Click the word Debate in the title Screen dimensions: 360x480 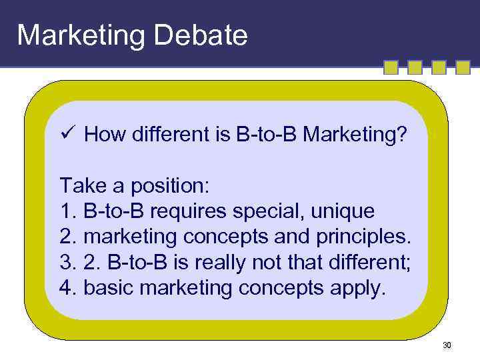tap(201, 35)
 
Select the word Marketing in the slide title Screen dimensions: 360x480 tap(81, 35)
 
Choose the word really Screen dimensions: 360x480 tap(221, 263)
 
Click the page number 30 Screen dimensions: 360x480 tap(446, 345)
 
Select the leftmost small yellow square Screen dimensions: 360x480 tap(391, 68)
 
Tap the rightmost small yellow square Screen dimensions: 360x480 tap(462, 68)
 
